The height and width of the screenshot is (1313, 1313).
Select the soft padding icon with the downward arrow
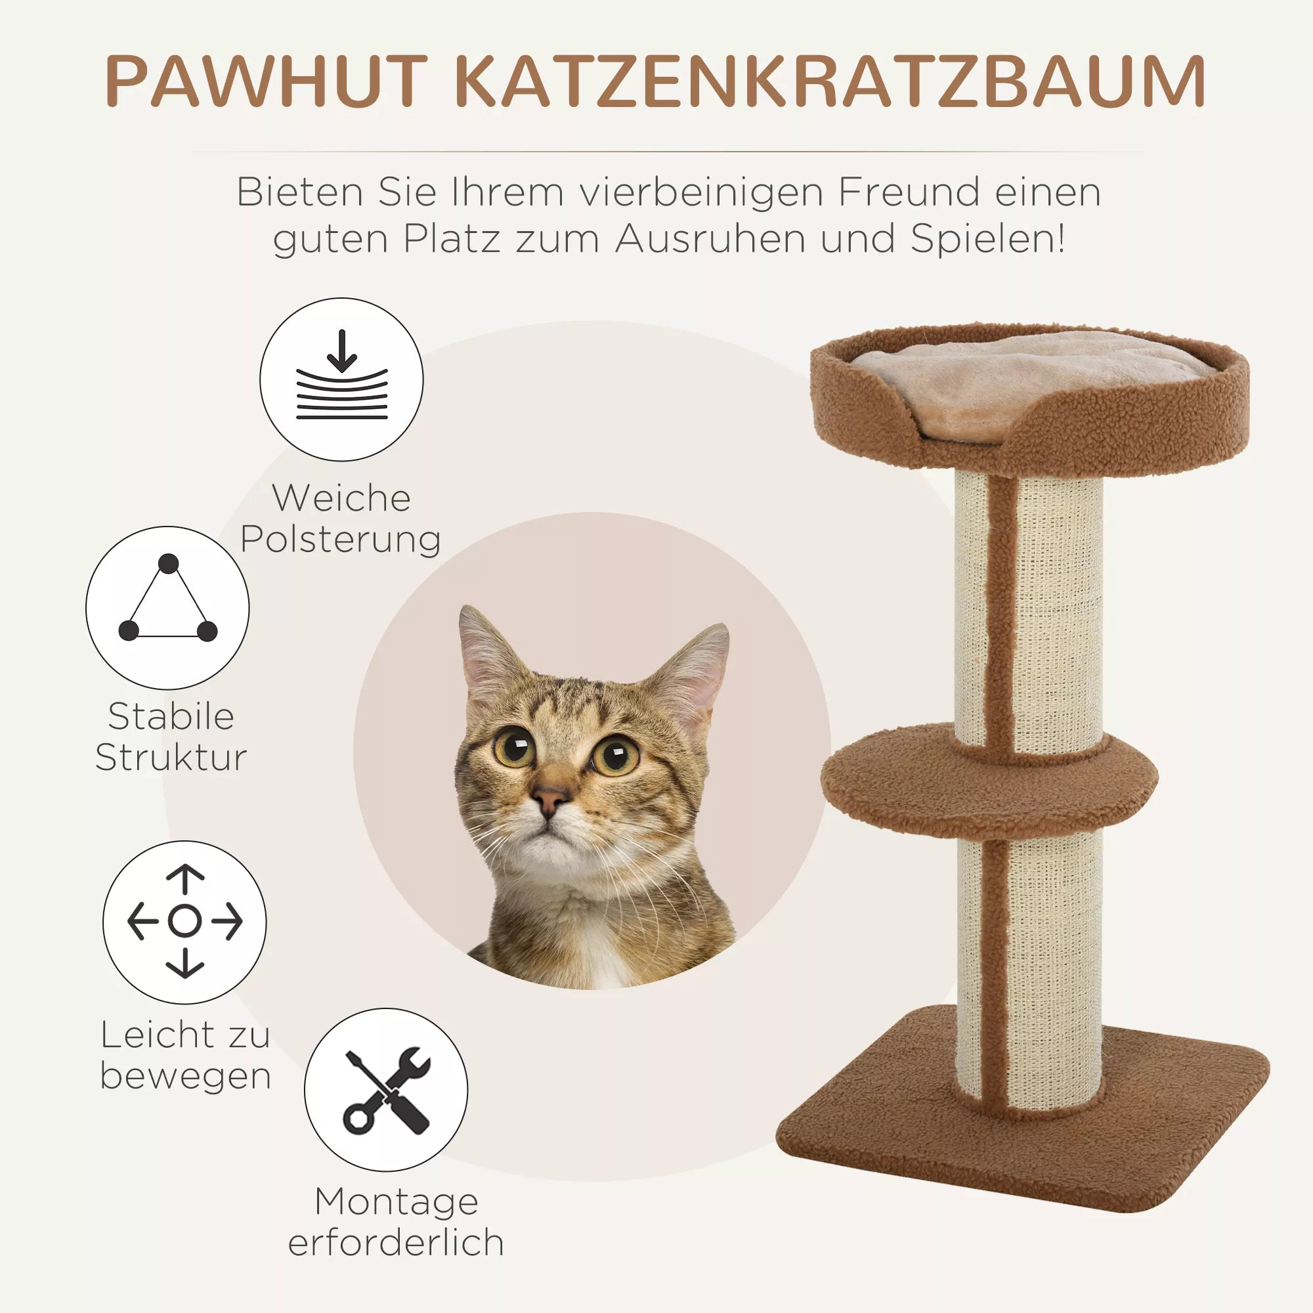(x=341, y=379)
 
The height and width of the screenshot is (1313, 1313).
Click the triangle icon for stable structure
(x=167, y=609)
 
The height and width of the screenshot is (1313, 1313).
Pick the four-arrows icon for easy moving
(x=184, y=922)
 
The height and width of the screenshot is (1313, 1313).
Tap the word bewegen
(x=186, y=1076)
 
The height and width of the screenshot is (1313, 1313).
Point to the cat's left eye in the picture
(x=515, y=746)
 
